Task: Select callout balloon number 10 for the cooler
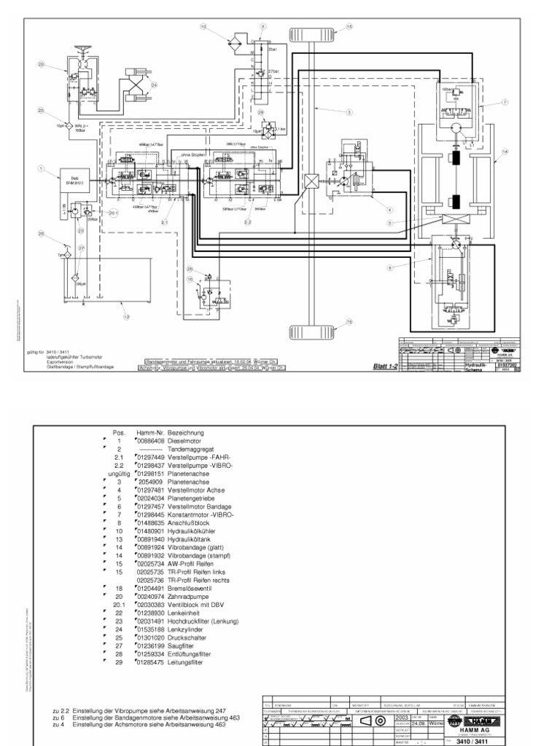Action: pos(203,26)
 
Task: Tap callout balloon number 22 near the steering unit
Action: pos(42,66)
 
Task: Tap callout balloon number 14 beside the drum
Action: pos(504,152)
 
